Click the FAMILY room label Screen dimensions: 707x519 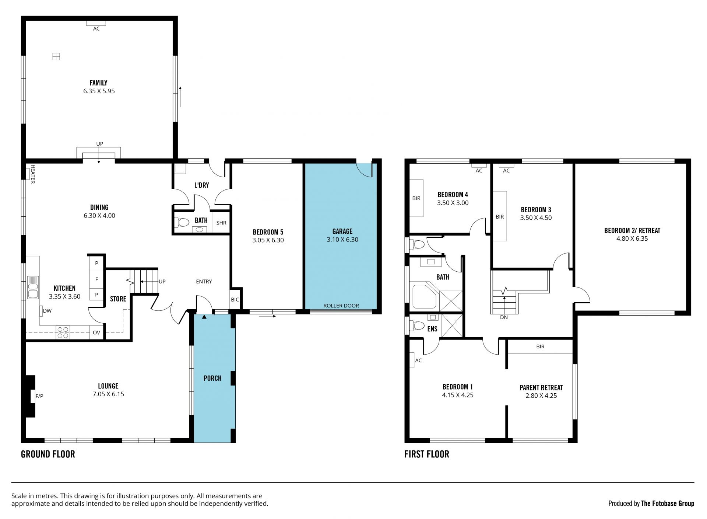[x=98, y=83]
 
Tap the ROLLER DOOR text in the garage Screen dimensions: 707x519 [x=341, y=306]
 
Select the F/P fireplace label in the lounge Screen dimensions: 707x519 [x=39, y=396]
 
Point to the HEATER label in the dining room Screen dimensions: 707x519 [x=32, y=174]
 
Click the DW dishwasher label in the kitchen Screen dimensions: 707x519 [x=47, y=311]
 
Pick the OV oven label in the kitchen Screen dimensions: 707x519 [x=96, y=332]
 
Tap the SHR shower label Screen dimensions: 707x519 [x=221, y=223]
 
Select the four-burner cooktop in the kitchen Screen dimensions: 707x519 [x=63, y=332]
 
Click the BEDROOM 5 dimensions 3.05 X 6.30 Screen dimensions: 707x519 [x=268, y=240]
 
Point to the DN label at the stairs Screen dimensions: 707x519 [x=504, y=317]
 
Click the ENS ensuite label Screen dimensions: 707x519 [x=432, y=328]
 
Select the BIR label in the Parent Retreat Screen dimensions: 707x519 [x=540, y=346]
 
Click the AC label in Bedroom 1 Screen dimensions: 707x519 [x=418, y=360]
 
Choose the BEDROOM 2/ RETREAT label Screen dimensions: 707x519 [x=632, y=231]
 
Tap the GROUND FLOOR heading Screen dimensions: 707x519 [x=48, y=454]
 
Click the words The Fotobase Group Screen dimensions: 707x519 [x=668, y=503]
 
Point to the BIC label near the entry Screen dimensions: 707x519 [x=235, y=300]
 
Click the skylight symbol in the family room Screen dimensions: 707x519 [x=56, y=56]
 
